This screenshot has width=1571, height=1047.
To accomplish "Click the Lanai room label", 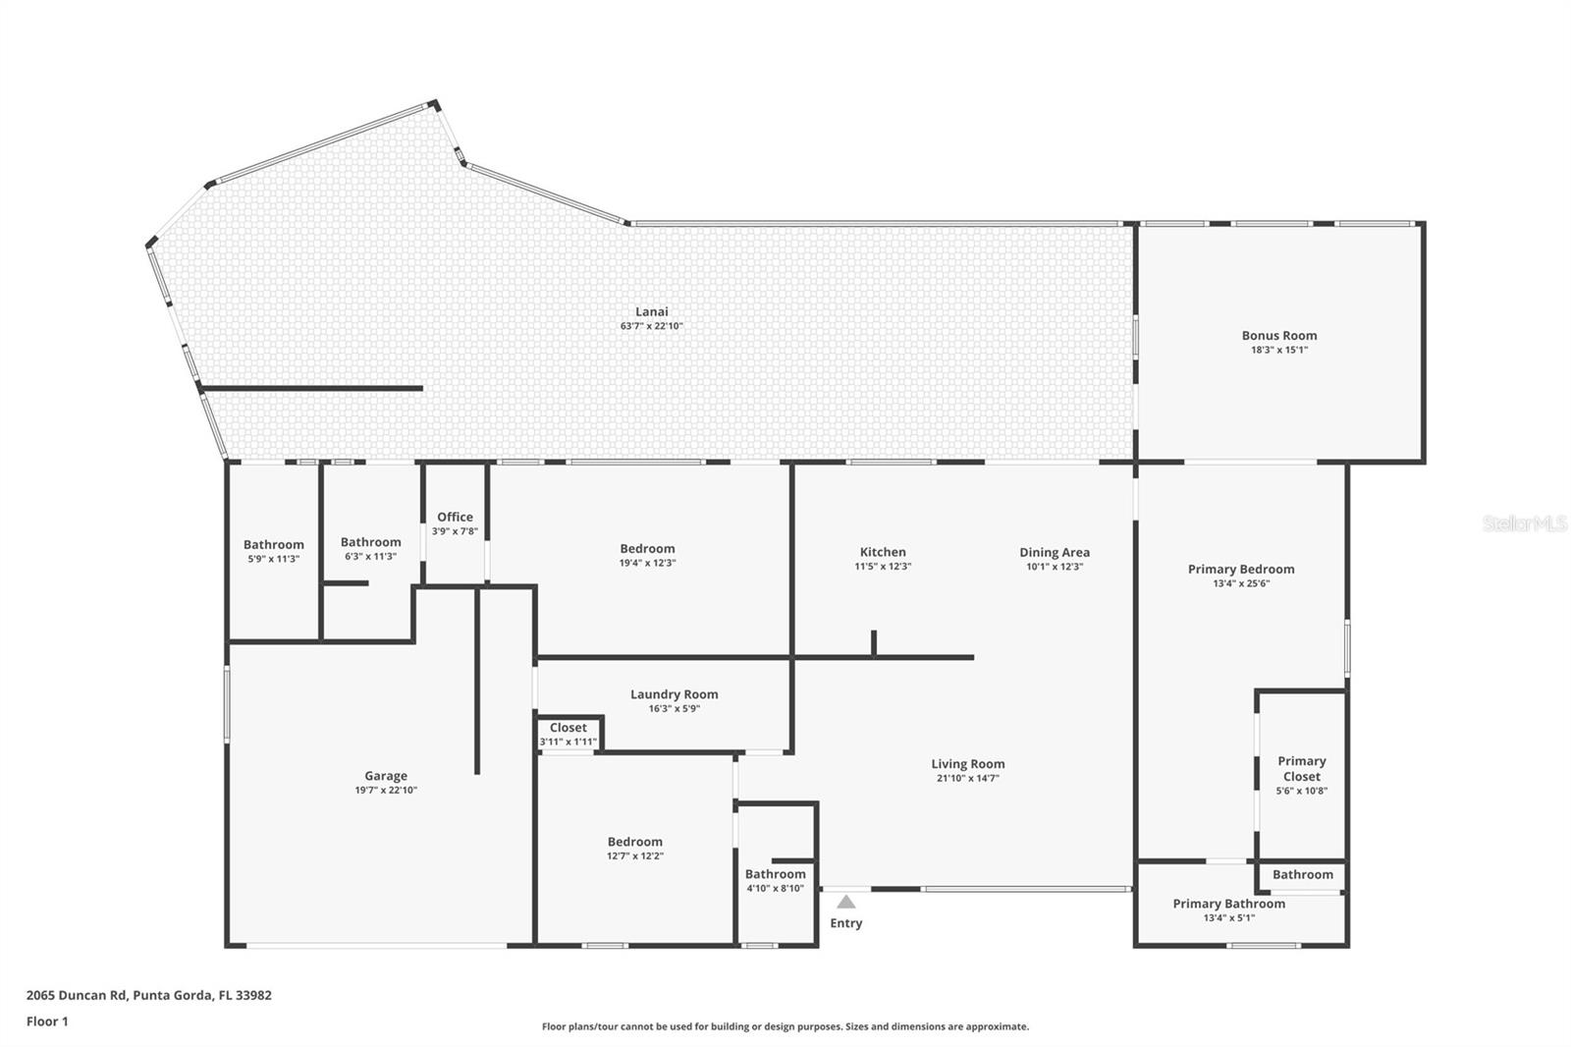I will tap(651, 312).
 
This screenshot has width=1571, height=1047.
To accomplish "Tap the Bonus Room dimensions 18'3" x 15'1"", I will tap(1278, 350).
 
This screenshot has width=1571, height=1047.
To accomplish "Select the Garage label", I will tap(386, 776).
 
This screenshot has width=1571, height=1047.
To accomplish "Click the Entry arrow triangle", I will tap(846, 902).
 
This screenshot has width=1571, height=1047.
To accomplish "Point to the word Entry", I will tap(846, 923).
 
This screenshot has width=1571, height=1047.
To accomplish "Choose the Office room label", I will tap(455, 517).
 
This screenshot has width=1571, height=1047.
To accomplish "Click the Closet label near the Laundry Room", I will tap(569, 728).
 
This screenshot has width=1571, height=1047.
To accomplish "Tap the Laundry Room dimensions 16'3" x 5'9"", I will tap(674, 709).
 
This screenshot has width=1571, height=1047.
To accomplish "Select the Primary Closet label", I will tap(1302, 769).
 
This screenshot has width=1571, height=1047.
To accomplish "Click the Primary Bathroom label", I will tap(1228, 904).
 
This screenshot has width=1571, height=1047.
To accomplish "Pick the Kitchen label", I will tap(883, 552).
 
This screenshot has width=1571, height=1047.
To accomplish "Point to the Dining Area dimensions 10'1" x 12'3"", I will tap(1055, 567).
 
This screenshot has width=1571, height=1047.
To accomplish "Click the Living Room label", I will tap(968, 764).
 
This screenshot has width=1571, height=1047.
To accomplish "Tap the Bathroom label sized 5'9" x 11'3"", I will tap(274, 545).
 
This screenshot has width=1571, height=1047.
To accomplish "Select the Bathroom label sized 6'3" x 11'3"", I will tap(371, 542).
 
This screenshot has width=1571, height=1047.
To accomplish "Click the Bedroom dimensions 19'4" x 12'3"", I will tap(647, 564).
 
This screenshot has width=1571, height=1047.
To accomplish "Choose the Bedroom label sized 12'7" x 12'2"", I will tap(635, 842).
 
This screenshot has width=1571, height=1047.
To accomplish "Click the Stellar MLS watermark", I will tap(1524, 524).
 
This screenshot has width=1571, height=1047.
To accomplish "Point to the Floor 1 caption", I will tap(47, 1021).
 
